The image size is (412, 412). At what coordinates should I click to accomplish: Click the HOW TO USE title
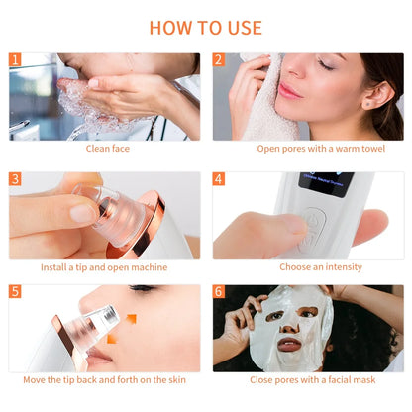point(206,27)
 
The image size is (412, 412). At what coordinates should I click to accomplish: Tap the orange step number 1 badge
point(15,60)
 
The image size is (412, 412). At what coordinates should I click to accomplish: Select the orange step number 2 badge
point(219,60)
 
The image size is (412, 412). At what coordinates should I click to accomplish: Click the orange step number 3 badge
point(15,179)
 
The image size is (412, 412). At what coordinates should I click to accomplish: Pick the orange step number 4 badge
point(219,179)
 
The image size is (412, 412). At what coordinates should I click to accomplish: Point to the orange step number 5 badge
point(15,292)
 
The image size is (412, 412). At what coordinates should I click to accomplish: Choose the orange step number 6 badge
point(219,292)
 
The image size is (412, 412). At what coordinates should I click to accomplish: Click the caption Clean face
point(107,149)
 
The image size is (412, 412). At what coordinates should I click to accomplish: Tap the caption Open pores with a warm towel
point(308,149)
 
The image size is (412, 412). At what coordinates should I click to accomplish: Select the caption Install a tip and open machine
point(104,266)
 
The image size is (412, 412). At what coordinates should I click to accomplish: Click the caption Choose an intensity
point(308,266)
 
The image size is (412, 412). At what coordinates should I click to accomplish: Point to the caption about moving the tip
point(104,380)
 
